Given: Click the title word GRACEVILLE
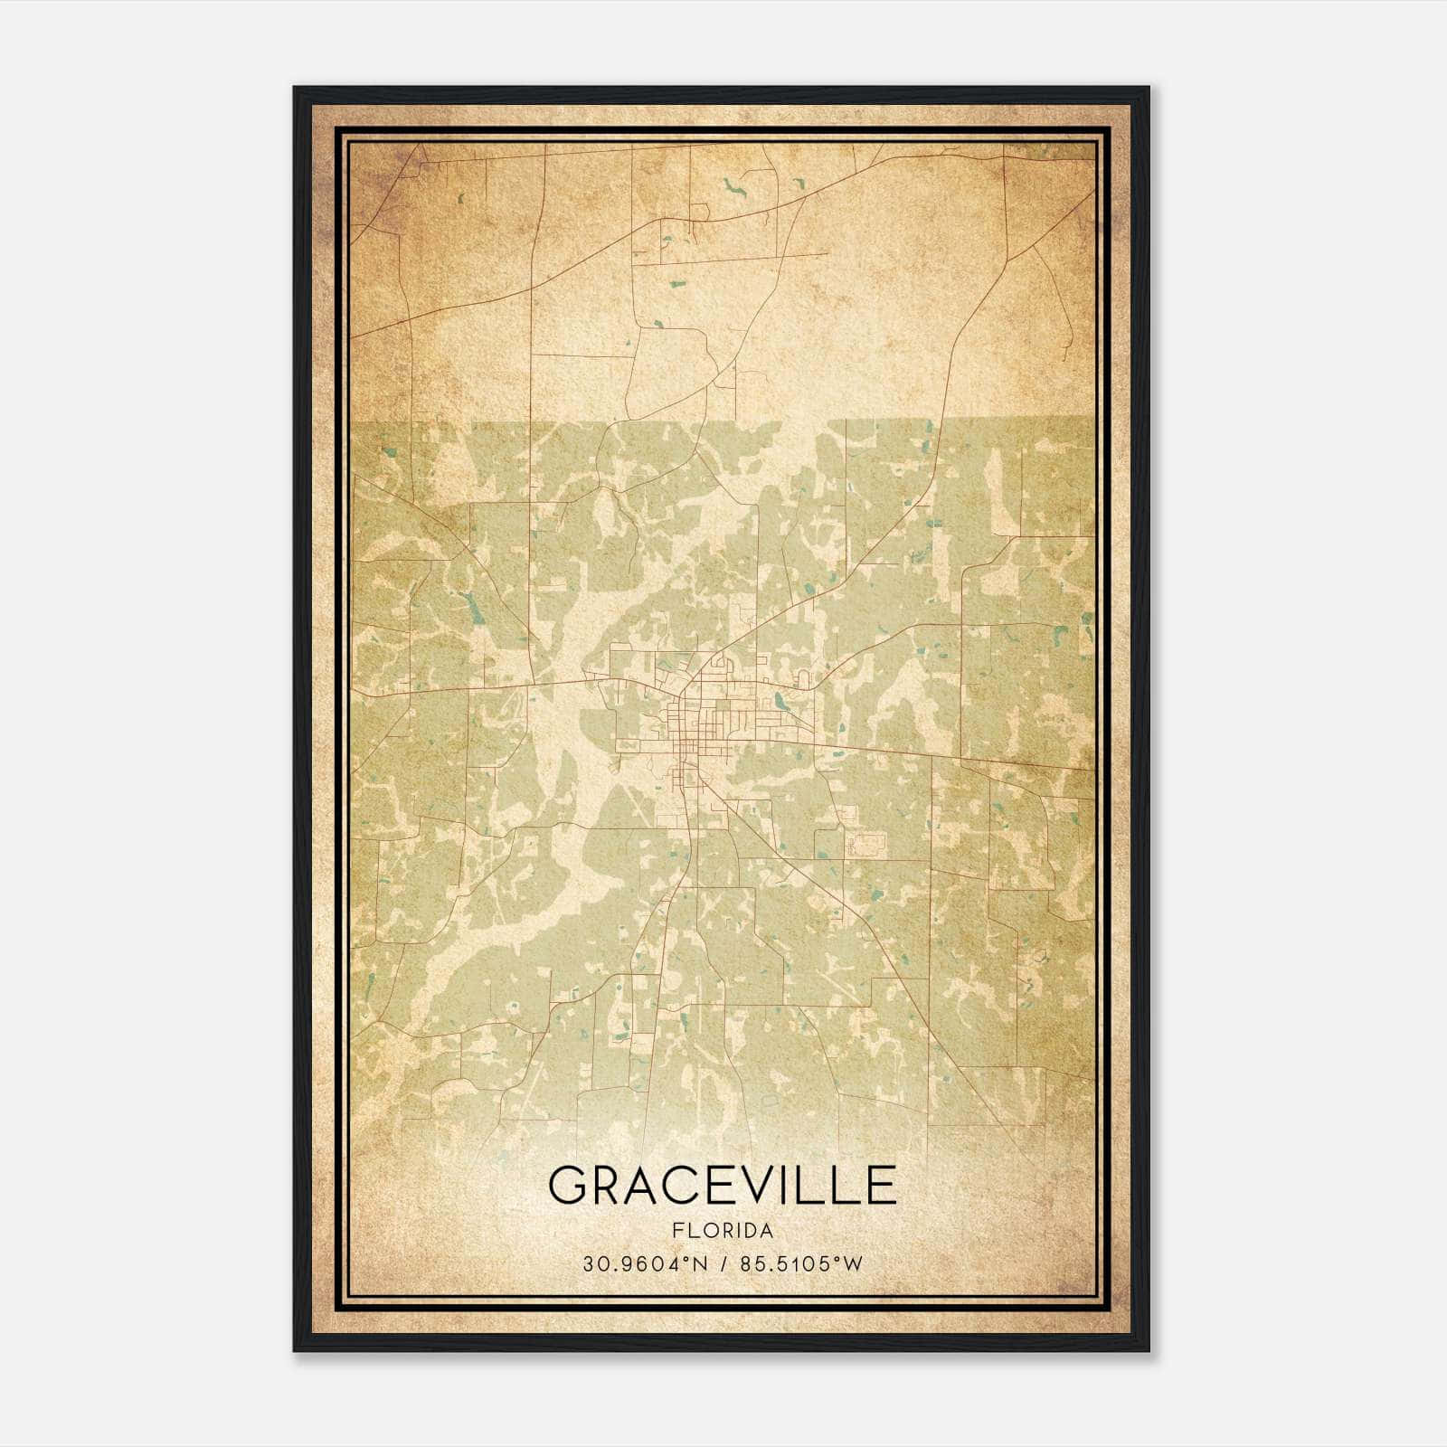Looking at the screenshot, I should click(x=722, y=1186).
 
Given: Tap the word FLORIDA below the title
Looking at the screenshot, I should click(x=723, y=1231).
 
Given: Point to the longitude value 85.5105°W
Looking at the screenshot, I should click(x=801, y=1264).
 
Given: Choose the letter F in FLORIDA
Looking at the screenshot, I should click(x=676, y=1231).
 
